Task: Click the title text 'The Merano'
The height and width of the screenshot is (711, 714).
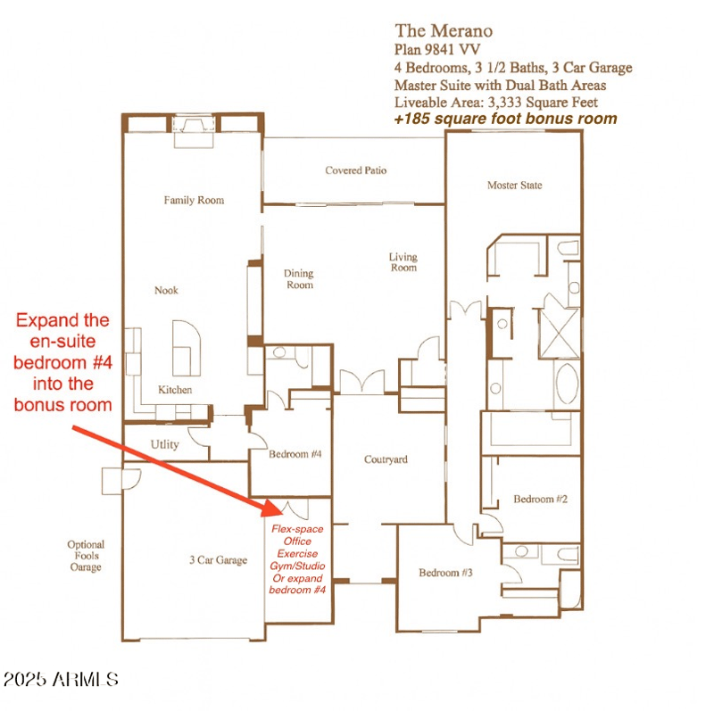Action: click(443, 31)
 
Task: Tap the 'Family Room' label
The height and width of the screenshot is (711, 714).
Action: click(194, 200)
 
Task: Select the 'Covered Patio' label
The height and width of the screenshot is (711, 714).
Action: click(356, 169)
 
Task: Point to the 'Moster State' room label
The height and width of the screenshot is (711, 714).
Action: click(514, 186)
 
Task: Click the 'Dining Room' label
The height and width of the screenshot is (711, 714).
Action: click(299, 279)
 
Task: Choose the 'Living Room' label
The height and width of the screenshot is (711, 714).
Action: click(403, 262)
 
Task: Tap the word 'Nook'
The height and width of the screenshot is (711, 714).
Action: click(166, 290)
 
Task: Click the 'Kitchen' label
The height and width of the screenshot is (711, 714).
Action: click(175, 390)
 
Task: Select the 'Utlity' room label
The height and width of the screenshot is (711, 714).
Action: click(165, 444)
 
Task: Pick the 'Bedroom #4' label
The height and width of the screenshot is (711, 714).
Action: click(295, 454)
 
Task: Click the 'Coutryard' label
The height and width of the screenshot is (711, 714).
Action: click(386, 459)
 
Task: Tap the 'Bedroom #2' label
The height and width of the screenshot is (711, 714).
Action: click(540, 499)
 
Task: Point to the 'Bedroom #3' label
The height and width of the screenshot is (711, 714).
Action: click(445, 572)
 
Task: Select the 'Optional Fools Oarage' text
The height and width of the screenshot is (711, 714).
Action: click(86, 556)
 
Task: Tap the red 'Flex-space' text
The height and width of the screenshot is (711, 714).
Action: click(297, 529)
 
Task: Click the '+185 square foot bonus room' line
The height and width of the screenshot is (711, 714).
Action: click(505, 118)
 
